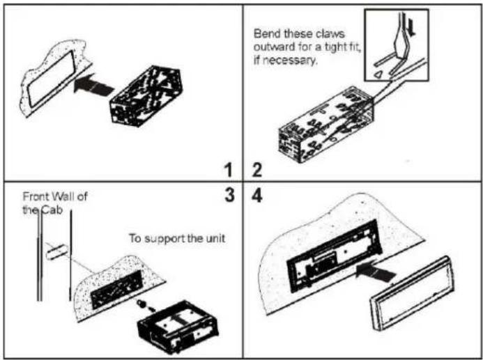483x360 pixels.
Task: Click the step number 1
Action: (x=229, y=170)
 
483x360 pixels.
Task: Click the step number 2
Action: (x=257, y=170)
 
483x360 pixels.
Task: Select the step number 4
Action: (x=257, y=196)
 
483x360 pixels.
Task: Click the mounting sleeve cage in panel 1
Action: (x=146, y=95)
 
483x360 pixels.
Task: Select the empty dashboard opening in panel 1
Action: (x=52, y=79)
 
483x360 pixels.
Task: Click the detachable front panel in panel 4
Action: (x=413, y=293)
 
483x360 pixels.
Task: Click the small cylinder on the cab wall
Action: (x=56, y=251)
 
